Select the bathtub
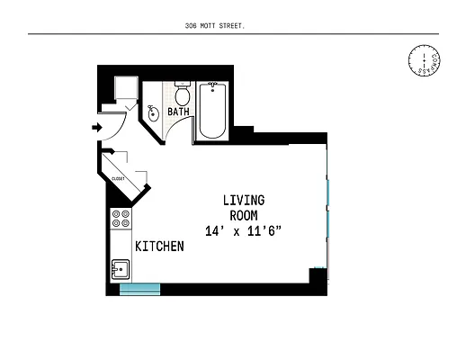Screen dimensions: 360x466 coord(213,110)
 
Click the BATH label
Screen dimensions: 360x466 coord(178,113)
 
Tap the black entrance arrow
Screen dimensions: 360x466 coord(97,128)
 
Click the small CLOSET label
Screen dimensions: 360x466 coord(118,179)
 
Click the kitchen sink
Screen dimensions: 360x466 coord(121,268)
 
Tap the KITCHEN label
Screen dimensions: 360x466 coord(159,246)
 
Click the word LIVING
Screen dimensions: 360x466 coord(244,200)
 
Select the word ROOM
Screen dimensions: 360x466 coord(244,215)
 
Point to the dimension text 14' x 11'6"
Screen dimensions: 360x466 coord(244,231)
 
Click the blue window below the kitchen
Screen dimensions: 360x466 coord(139,289)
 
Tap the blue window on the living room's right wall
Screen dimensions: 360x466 coord(328,208)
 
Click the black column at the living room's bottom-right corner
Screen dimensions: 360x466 coord(317,276)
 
